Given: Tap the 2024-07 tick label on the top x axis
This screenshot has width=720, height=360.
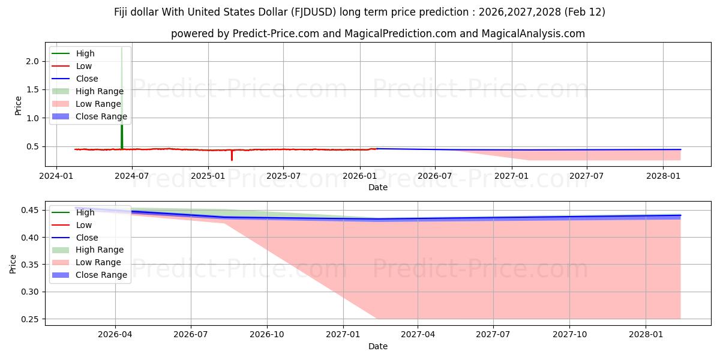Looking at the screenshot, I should pyautogui.click(x=131, y=176).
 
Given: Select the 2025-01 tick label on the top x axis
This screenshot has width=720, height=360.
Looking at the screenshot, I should pyautogui.click(x=208, y=176).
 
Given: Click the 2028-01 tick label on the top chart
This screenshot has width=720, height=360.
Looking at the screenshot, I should pyautogui.click(x=663, y=176).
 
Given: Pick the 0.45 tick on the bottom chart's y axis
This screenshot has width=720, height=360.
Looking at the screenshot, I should pyautogui.click(x=29, y=211).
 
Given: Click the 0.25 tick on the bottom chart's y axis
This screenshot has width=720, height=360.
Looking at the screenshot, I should pyautogui.click(x=29, y=319).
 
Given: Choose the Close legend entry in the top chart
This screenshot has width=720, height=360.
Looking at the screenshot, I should pyautogui.click(x=87, y=79).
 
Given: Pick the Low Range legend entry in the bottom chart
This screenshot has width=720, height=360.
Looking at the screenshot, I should pyautogui.click(x=98, y=262).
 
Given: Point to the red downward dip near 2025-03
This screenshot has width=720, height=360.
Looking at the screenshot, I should pyautogui.click(x=232, y=156).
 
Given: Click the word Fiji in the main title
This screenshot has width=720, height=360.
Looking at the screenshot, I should pyautogui.click(x=124, y=12).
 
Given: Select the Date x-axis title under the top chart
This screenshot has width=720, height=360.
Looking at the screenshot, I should pyautogui.click(x=378, y=187).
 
